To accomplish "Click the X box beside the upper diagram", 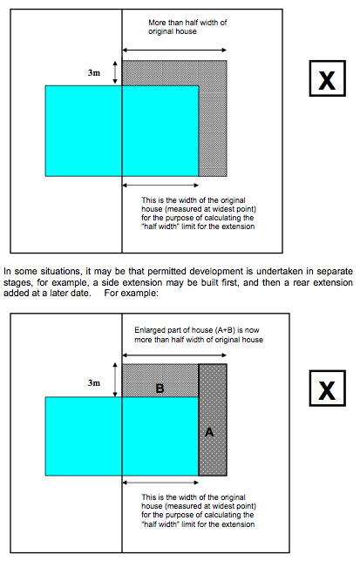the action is tap(328, 78).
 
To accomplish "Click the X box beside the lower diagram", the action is tap(328, 389).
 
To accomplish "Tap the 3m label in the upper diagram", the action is tap(94, 72).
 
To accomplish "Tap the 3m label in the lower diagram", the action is tap(94, 382).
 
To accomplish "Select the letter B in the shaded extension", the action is tap(160, 389).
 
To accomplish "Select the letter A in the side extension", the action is tap(209, 432).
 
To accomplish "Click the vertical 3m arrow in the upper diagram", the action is tap(115, 72).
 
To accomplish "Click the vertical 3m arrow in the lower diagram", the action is tap(115, 380).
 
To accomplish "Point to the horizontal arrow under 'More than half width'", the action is tap(174, 51).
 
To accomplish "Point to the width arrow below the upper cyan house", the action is tap(160, 185).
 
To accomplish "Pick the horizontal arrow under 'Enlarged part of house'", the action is tap(174, 355).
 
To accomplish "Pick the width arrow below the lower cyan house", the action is tap(160, 483).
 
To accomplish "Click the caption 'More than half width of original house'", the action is tap(187, 27).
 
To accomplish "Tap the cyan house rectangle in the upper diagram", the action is tap(122, 131).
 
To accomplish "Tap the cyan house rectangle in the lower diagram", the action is tap(122, 436).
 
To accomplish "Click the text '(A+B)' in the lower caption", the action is tap(226, 330).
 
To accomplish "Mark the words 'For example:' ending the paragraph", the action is tap(132, 293).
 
